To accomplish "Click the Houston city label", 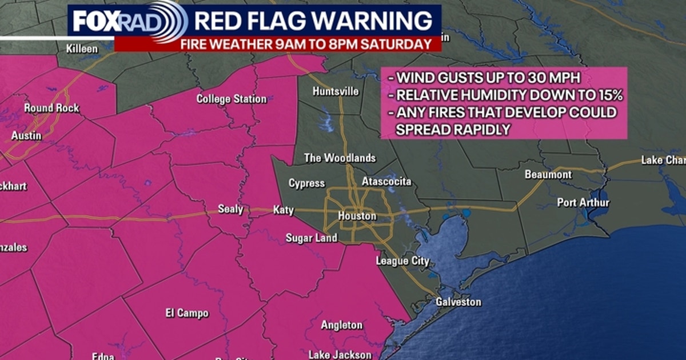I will click(x=357, y=217).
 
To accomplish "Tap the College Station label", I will click(x=232, y=99).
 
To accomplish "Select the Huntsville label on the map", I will click(x=336, y=91).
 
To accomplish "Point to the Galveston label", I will click(x=458, y=302).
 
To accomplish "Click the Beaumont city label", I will click(x=548, y=174).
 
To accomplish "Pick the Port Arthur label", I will click(x=583, y=203).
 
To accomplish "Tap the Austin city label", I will click(x=26, y=136).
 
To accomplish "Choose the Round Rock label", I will click(x=51, y=108).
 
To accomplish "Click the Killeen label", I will click(x=82, y=49).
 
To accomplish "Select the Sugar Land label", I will click(x=312, y=238).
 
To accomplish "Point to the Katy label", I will click(x=283, y=210).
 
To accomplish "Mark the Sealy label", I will click(x=230, y=209).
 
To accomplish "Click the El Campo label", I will click(x=187, y=313).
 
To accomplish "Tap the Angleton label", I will click(x=341, y=325).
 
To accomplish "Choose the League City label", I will click(x=402, y=261).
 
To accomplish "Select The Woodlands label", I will click(x=340, y=158).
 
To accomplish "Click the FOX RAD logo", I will click(x=129, y=22).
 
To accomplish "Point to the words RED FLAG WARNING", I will click(x=313, y=21).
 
